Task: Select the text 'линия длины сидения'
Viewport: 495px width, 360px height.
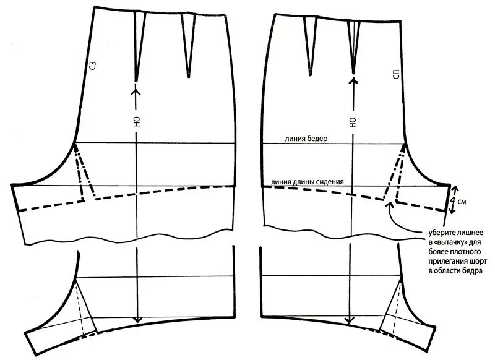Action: click(303, 182)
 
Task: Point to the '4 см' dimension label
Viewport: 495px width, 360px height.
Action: click(463, 202)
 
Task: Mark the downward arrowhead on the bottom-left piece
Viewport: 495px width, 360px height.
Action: click(137, 319)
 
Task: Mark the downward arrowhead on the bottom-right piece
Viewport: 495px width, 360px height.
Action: click(354, 319)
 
